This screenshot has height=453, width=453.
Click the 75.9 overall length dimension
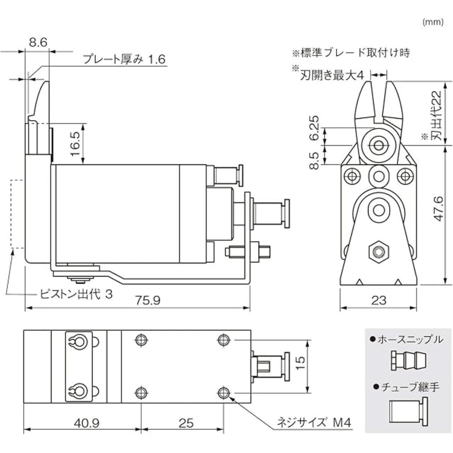point(148,301)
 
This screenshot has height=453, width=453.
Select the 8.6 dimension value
point(38,42)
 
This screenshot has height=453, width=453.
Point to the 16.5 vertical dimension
point(75,144)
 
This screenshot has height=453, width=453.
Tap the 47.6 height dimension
point(438,209)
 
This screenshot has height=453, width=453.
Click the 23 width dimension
point(379,300)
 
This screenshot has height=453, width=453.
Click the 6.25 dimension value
point(314,128)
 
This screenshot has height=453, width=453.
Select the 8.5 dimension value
point(314,161)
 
